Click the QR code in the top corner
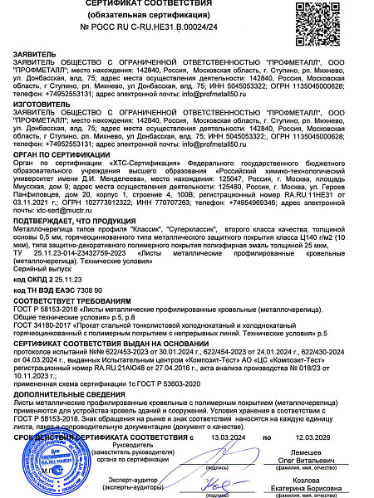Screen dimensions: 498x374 [x=345, y=19]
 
